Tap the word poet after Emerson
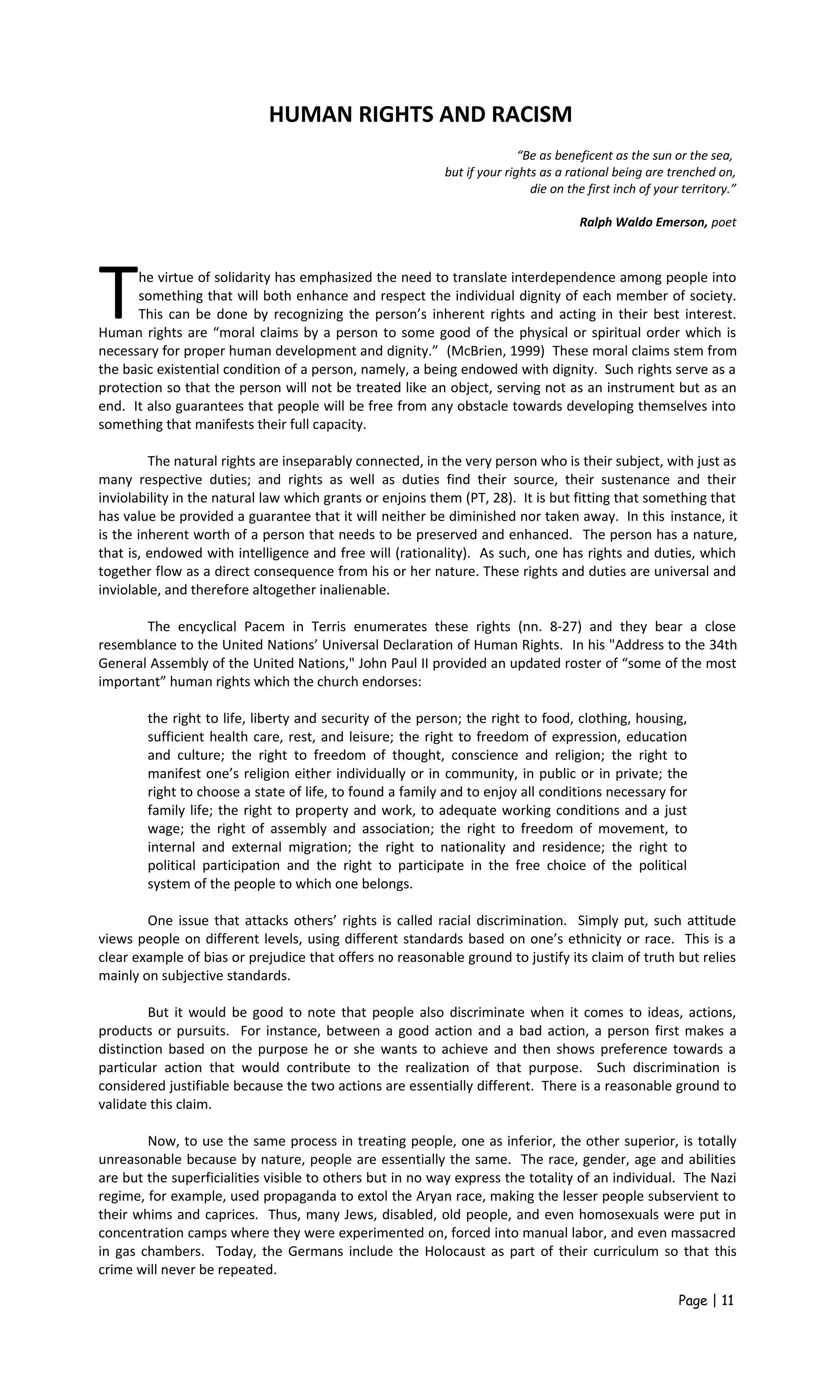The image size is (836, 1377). point(724,222)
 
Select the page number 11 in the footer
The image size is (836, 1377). point(727,1301)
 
